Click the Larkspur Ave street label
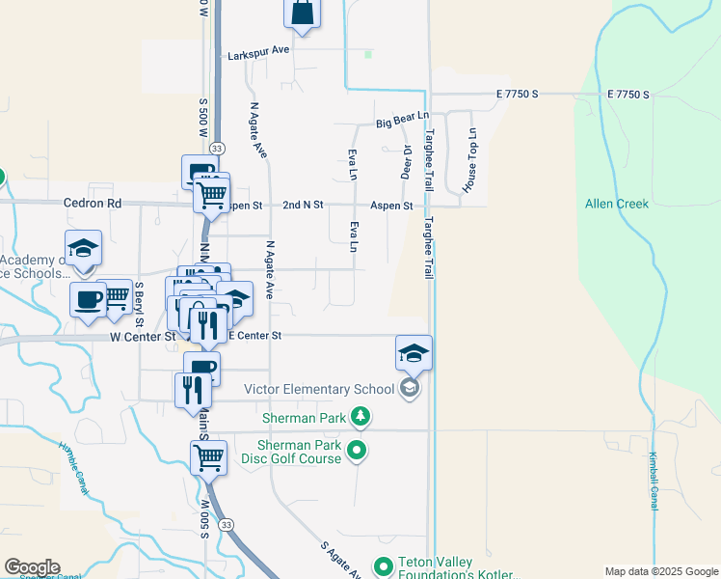click(x=259, y=56)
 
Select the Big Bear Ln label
click(x=401, y=124)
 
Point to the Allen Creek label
click(x=617, y=204)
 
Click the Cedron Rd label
click(x=93, y=204)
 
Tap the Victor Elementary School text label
click(x=319, y=389)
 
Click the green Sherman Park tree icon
click(x=360, y=417)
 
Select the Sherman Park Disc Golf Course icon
click(x=357, y=450)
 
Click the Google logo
click(x=32, y=567)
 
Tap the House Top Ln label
click(x=472, y=160)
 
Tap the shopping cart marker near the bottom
click(x=209, y=458)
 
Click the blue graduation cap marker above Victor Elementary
click(x=414, y=353)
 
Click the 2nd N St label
click(x=304, y=206)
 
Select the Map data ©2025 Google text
click(x=661, y=571)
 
